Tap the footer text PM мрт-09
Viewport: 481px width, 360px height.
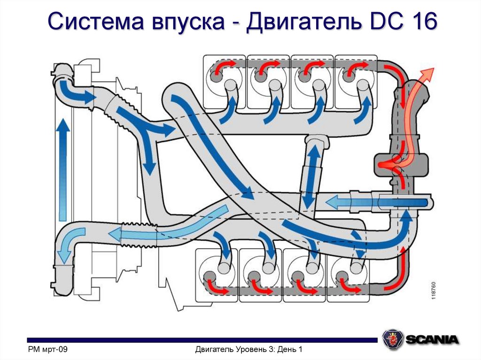point(48,349)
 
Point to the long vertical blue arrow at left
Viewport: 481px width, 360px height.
point(63,169)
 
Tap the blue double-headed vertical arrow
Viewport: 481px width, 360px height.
point(310,176)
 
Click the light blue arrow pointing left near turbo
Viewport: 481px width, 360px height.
point(348,202)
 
